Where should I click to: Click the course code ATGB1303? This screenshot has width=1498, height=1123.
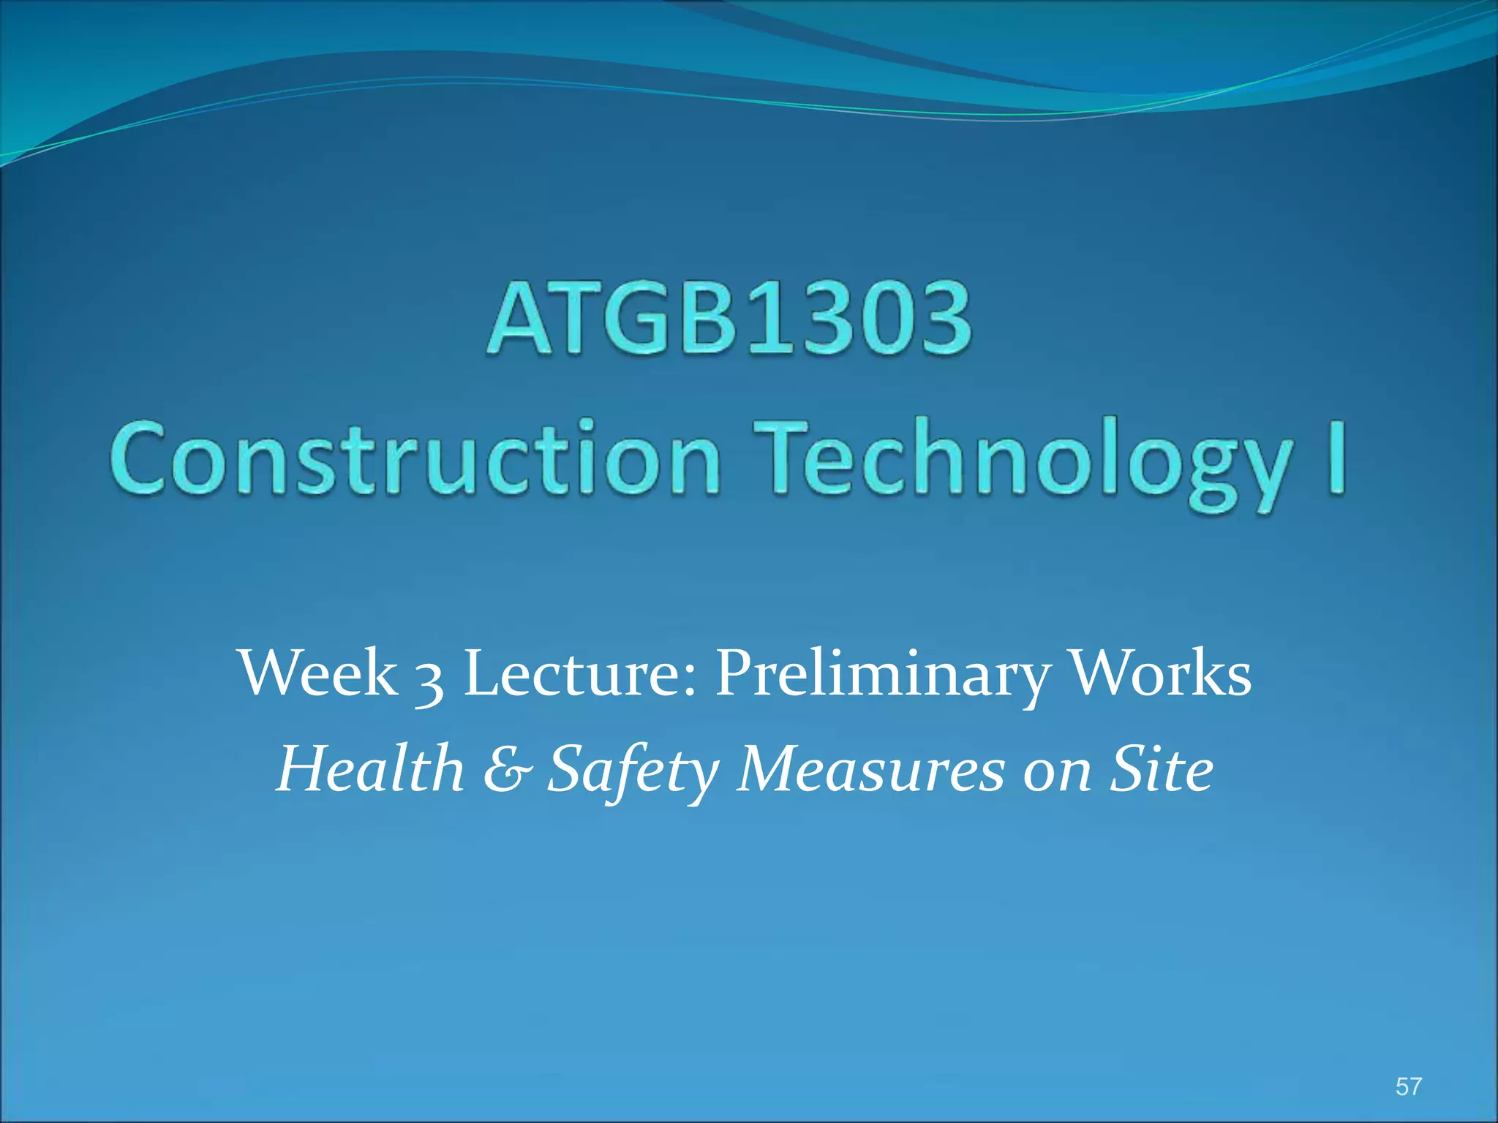(x=730, y=319)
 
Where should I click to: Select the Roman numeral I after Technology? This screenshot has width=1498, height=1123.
(x=1336, y=457)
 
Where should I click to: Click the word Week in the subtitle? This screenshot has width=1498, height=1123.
(x=318, y=673)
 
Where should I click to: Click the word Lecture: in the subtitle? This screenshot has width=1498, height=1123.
(x=581, y=673)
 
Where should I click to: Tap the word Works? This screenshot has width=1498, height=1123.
(x=1161, y=673)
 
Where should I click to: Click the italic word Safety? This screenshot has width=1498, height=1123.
(x=633, y=772)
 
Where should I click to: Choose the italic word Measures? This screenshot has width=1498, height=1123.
(x=870, y=769)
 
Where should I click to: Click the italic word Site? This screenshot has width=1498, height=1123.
(x=1162, y=769)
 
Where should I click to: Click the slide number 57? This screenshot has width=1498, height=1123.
(x=1408, y=1086)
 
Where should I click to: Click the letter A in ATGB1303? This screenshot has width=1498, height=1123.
(x=519, y=319)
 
